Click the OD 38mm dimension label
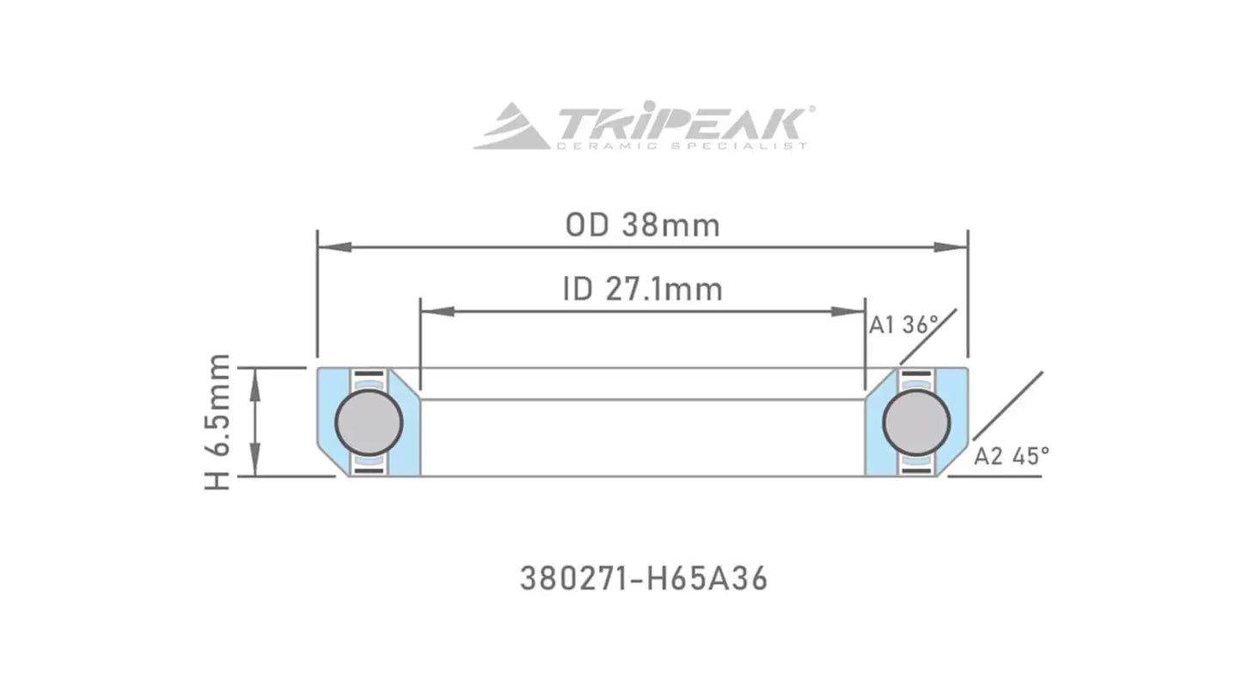642,225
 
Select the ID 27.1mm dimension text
642,290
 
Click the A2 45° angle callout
1011,457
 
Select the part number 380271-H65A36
643,579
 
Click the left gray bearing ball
369,422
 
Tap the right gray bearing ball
915,422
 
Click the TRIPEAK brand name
679,124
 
